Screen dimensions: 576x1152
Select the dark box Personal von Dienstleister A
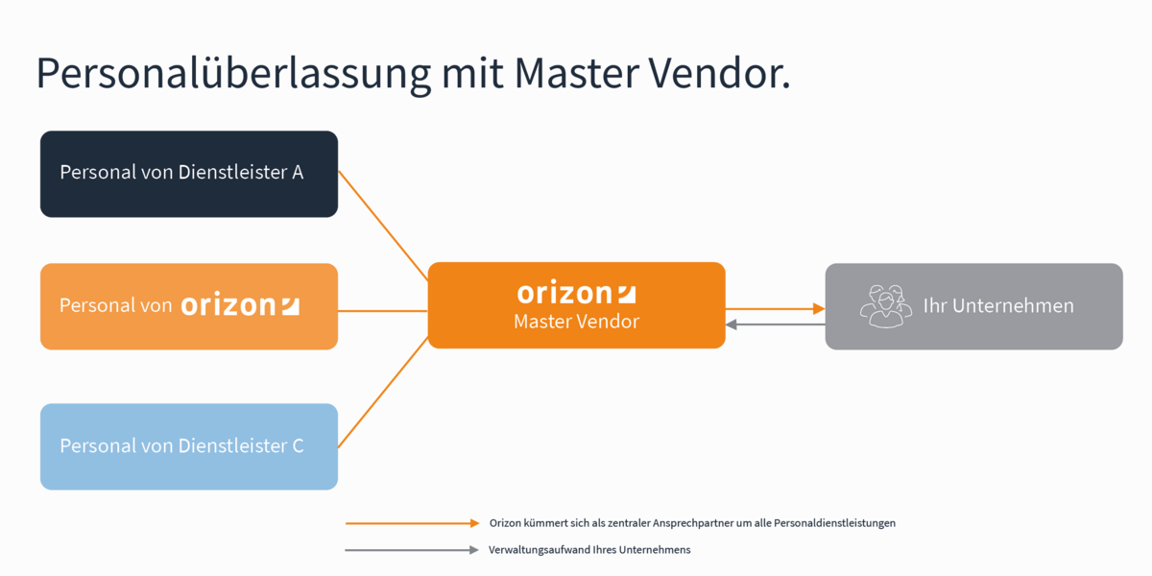pos(188,174)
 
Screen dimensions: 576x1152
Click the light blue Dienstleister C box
pos(188,446)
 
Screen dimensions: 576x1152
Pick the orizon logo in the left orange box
pos(240,305)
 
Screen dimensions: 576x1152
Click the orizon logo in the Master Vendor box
pos(576,292)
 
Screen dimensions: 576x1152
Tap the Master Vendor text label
pos(576,322)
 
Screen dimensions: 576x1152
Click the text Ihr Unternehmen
pos(998,306)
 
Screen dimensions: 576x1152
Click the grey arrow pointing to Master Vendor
pos(776,324)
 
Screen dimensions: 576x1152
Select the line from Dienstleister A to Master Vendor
pos(383,226)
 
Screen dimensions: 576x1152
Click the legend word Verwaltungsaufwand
pos(534,550)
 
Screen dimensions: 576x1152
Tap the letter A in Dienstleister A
pos(298,173)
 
